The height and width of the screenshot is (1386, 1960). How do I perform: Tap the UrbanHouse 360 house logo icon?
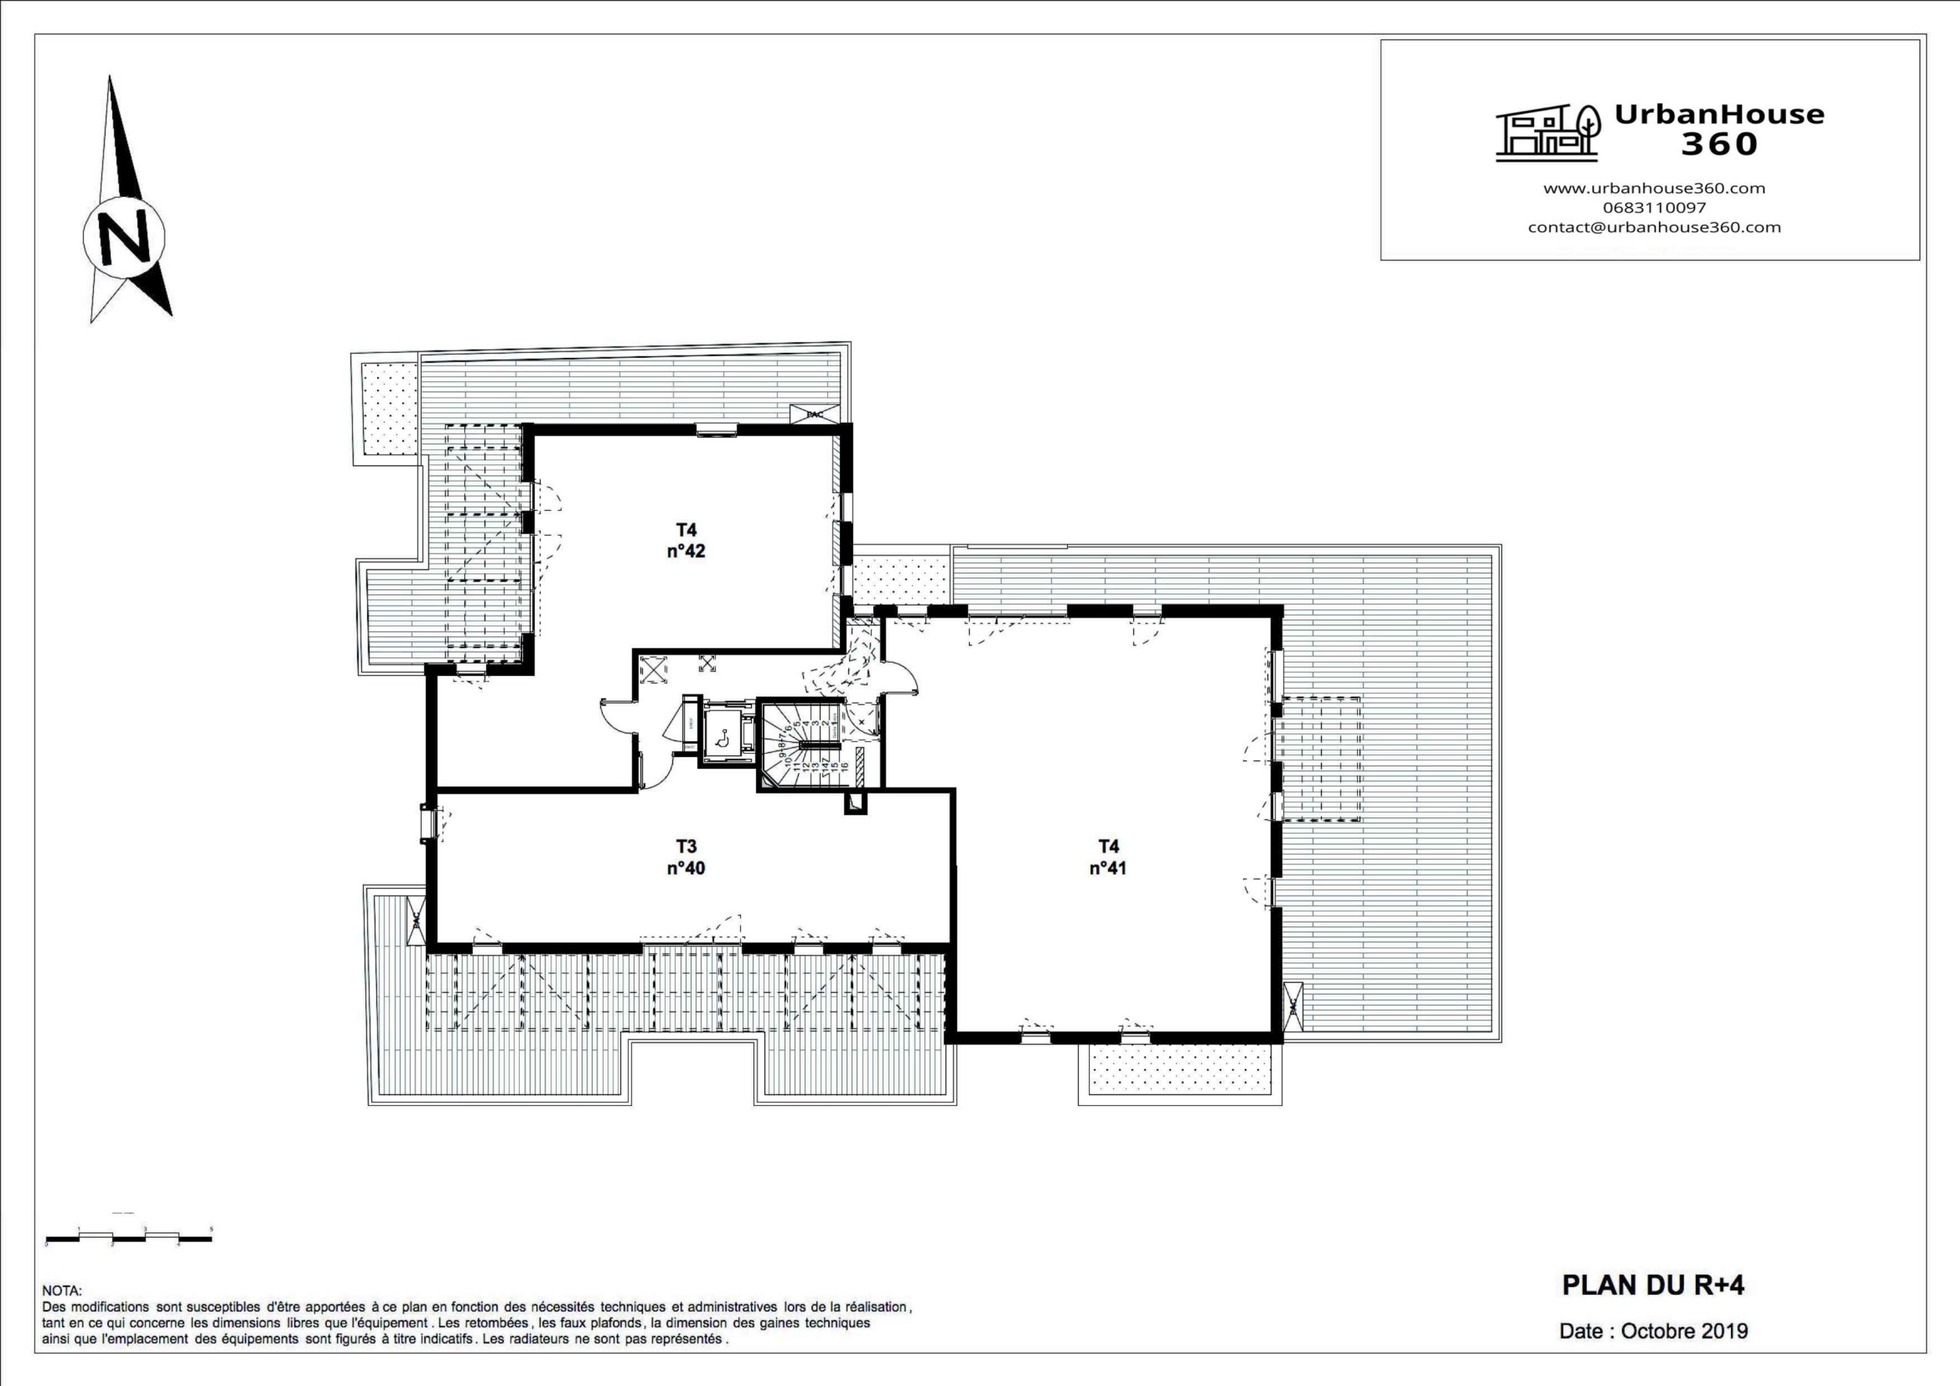pyautogui.click(x=1547, y=133)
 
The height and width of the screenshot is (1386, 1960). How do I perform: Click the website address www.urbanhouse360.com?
pyautogui.click(x=1653, y=189)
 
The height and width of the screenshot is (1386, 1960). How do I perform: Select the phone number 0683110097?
pyautogui.click(x=1653, y=208)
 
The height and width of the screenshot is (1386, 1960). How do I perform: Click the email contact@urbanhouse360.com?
pyautogui.click(x=1653, y=227)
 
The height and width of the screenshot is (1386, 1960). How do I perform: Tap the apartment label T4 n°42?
pyautogui.click(x=686, y=540)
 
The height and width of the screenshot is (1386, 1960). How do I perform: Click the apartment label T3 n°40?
pyautogui.click(x=685, y=857)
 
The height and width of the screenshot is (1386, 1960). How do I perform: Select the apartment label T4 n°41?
pyautogui.click(x=1108, y=857)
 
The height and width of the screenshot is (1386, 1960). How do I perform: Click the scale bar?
pyautogui.click(x=128, y=1238)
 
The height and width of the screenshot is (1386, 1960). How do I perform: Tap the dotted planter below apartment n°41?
pyautogui.click(x=1181, y=1071)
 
